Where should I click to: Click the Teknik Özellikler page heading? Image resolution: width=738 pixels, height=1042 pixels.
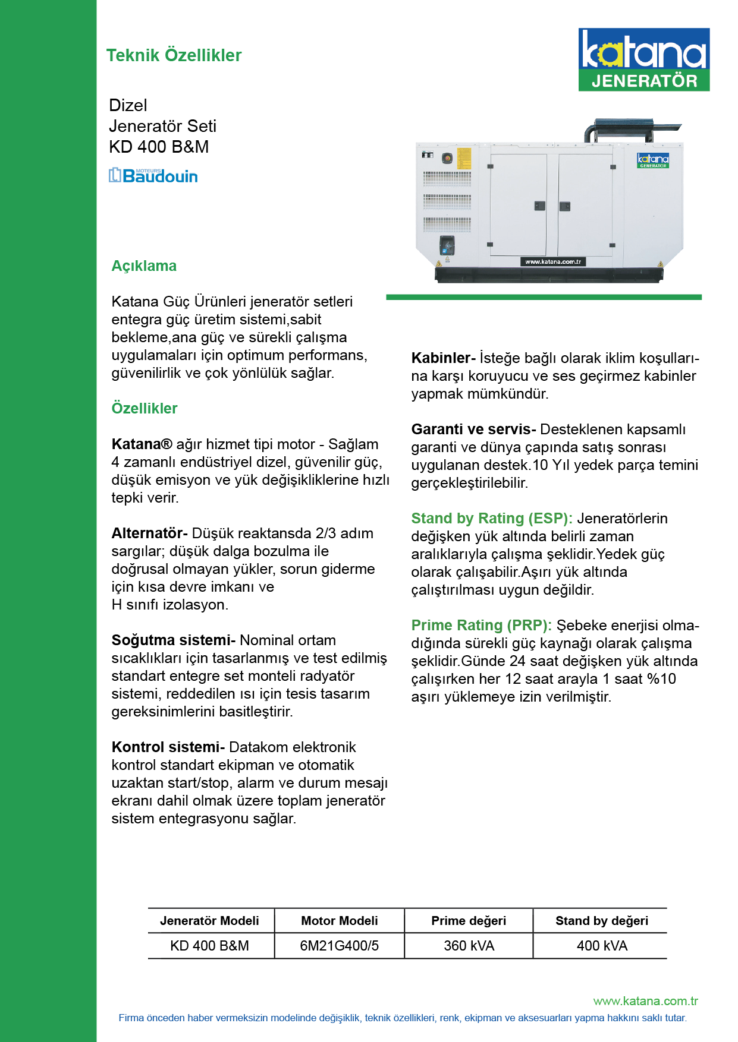(x=174, y=55)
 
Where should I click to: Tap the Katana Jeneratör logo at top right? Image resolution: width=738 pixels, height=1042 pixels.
(x=643, y=59)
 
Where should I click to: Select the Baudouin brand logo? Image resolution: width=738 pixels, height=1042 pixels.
(x=153, y=175)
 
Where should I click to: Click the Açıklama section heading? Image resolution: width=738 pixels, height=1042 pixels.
(x=144, y=266)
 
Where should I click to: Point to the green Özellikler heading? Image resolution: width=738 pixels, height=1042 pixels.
(x=145, y=408)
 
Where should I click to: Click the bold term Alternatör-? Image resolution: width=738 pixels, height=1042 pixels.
(x=149, y=533)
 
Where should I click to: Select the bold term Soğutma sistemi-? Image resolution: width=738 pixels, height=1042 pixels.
(x=173, y=640)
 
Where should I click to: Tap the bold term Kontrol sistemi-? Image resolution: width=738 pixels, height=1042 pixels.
(x=168, y=747)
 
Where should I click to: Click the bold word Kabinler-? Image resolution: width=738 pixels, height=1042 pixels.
(x=443, y=358)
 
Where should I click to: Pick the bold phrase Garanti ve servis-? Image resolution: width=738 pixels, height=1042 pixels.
(x=473, y=429)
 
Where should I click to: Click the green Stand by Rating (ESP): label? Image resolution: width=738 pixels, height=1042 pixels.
(x=492, y=518)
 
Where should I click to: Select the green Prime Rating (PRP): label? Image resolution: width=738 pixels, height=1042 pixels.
(x=481, y=625)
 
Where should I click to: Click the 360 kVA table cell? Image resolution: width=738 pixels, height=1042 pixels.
(x=469, y=946)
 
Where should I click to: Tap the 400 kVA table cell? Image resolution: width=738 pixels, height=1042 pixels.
(x=602, y=946)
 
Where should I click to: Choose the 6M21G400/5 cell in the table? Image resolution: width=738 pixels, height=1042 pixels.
(x=339, y=946)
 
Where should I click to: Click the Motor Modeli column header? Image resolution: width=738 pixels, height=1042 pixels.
(x=339, y=921)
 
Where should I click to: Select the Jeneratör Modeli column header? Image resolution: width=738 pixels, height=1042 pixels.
(x=209, y=921)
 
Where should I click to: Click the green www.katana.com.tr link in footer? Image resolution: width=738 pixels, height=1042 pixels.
(x=645, y=1001)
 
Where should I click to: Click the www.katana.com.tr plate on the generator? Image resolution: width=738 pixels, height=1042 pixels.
(x=553, y=261)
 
